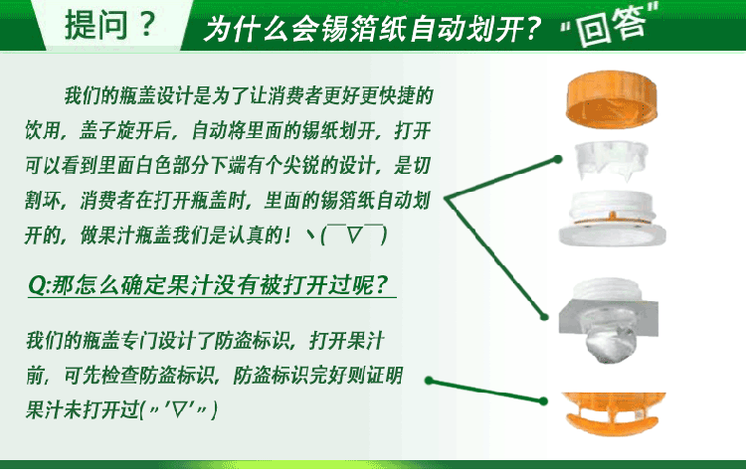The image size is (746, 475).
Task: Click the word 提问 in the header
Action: click(96, 25)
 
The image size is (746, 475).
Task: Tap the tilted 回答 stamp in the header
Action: click(612, 25)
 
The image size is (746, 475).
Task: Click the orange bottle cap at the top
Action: click(612, 99)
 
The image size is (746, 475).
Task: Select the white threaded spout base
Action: click(613, 218)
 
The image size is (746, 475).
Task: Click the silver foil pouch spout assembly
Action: click(609, 320)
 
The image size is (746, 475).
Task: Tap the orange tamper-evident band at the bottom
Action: click(614, 412)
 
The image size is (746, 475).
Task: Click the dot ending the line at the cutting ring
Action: click(558, 160)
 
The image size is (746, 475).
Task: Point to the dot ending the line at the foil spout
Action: click(544, 317)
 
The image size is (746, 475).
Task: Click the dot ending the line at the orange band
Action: click(544, 401)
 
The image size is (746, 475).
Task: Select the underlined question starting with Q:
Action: click(209, 285)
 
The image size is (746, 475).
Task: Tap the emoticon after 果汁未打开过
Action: click(181, 409)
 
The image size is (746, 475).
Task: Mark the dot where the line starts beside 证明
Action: click(429, 381)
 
